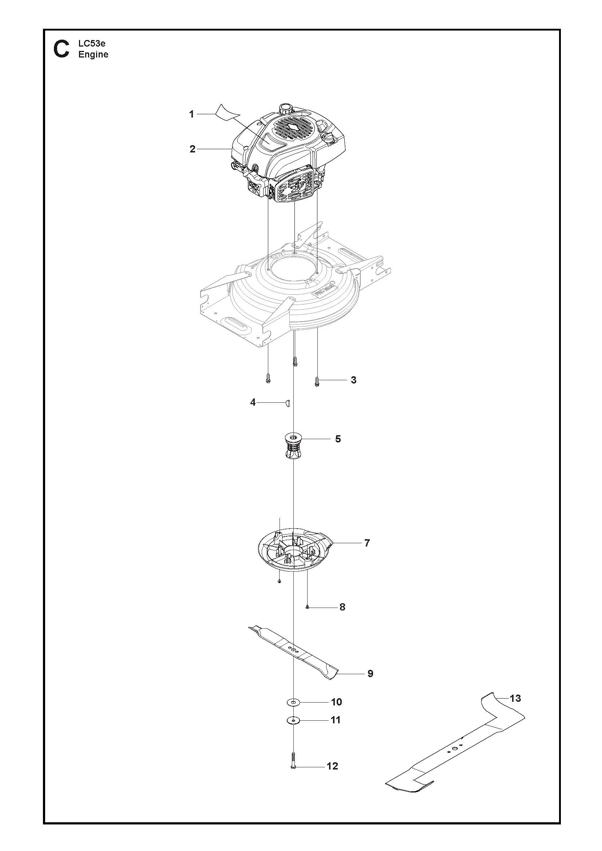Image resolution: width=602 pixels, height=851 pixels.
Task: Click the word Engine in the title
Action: click(94, 55)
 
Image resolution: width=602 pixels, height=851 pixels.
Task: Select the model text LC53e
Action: click(92, 43)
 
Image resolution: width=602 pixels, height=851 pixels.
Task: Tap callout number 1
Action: click(192, 115)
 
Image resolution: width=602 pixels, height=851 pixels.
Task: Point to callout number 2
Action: click(192, 149)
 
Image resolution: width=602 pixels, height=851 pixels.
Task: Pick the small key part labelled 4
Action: click(287, 403)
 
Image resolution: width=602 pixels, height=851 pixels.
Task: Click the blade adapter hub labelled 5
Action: click(293, 446)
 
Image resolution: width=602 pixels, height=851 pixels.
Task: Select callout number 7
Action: click(367, 543)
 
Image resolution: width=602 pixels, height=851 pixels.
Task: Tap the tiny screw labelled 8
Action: click(308, 607)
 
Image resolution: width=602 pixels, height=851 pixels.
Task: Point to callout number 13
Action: click(515, 698)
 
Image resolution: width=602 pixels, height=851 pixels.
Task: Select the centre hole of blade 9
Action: click(293, 650)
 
